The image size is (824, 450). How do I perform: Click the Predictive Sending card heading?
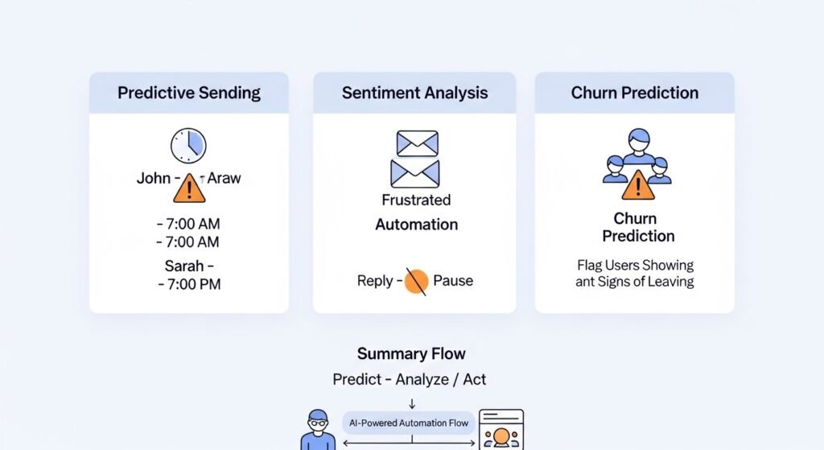coord(189,93)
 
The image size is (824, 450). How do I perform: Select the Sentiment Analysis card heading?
coord(414,93)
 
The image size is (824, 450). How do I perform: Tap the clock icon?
coord(188,146)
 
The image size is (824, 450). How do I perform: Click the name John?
coord(153,178)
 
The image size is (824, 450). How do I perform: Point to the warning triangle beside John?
coord(189,188)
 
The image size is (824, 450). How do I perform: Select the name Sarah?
coord(185,266)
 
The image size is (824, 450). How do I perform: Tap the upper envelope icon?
coord(417,143)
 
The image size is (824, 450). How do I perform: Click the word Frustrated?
coord(416,200)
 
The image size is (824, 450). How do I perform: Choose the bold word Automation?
coord(416,225)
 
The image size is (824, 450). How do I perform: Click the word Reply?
coord(375,281)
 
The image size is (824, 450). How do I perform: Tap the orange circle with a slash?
coord(416,281)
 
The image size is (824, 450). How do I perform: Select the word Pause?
coord(453,281)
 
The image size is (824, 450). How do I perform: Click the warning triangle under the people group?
coord(637,185)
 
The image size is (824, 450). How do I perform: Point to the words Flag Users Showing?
coord(635,265)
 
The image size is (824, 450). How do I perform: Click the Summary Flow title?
coord(411,353)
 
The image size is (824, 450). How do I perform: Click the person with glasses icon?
coord(317,431)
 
